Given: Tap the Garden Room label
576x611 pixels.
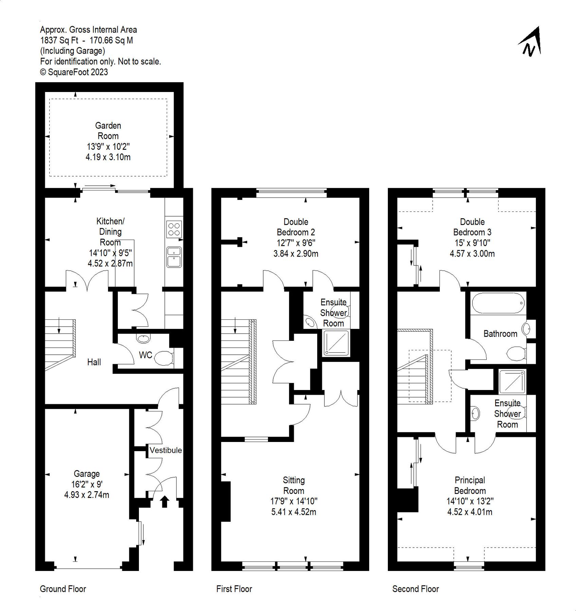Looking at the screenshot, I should [108, 131].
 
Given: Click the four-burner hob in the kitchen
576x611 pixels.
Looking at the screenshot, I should [174, 229].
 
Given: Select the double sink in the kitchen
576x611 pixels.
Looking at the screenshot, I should [174, 257].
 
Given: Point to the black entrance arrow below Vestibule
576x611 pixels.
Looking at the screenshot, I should [165, 501].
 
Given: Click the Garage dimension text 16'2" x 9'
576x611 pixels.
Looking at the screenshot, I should [87, 484].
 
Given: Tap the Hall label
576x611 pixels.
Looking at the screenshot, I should [94, 362].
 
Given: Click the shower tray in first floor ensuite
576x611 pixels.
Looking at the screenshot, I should [336, 343].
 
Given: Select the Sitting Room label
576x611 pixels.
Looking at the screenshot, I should [294, 485].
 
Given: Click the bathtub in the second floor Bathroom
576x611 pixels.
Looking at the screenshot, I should [498, 303].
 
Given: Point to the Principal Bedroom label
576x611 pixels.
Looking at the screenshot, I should [470, 485].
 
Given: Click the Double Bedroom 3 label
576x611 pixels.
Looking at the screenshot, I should [472, 227].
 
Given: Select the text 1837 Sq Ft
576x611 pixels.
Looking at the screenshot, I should [59, 40].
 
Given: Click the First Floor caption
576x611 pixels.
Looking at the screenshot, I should [234, 589].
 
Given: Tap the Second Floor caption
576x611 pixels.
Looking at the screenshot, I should [415, 589].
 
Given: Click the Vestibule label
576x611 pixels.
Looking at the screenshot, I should [166, 450].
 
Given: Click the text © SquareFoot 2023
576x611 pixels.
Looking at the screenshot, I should [74, 72].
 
